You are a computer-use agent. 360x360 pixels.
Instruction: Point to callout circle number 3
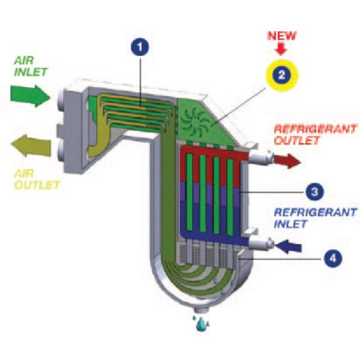316,192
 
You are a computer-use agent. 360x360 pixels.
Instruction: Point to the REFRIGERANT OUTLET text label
315,135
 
